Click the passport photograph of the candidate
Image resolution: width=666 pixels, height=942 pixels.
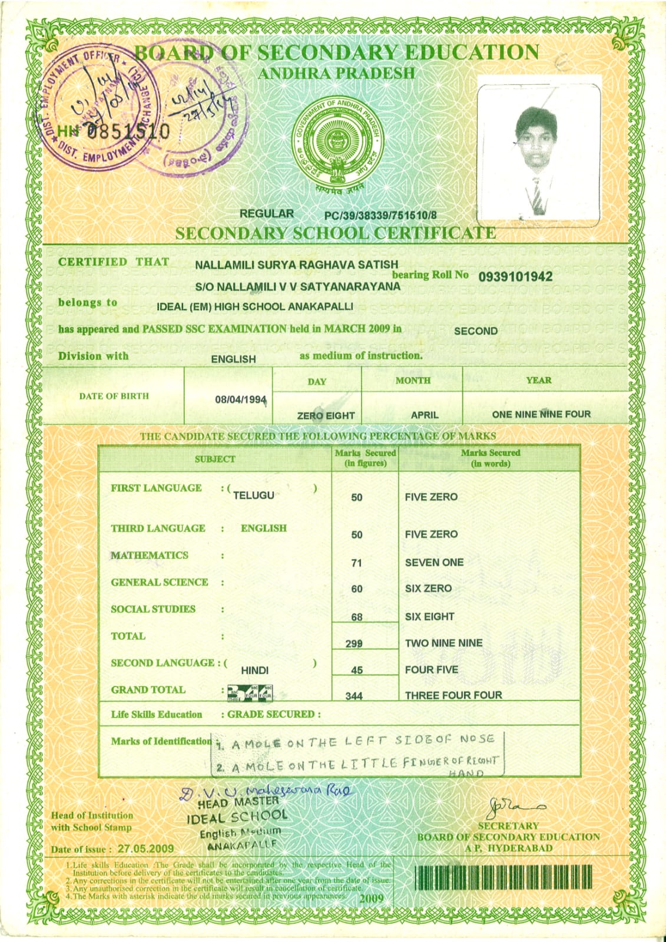coord(538,155)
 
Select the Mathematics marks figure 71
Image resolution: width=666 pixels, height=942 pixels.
coord(356,563)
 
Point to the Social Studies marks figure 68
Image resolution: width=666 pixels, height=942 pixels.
coord(356,617)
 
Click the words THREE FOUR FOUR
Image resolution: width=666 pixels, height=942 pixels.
coord(453,695)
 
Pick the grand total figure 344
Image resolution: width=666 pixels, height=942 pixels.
coord(354,696)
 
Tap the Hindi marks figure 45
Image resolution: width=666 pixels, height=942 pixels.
coord(356,670)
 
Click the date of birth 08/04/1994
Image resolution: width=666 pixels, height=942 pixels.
coord(240,399)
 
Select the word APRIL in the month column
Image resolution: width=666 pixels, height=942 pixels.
coord(425,415)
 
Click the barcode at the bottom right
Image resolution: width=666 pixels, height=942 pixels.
coord(503,877)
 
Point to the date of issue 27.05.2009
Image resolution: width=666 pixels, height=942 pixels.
coord(145,849)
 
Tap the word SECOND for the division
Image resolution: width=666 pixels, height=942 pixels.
coord(475,331)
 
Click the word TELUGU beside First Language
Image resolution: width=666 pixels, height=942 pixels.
coord(254,495)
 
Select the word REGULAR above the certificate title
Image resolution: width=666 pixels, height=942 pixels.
coord(266,214)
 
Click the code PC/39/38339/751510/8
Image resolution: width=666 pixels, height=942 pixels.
coord(380,216)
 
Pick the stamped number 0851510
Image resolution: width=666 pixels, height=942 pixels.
coord(128,131)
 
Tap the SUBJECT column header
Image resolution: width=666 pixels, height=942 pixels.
coord(215,459)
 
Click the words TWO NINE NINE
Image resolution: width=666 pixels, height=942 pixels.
coord(443,643)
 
